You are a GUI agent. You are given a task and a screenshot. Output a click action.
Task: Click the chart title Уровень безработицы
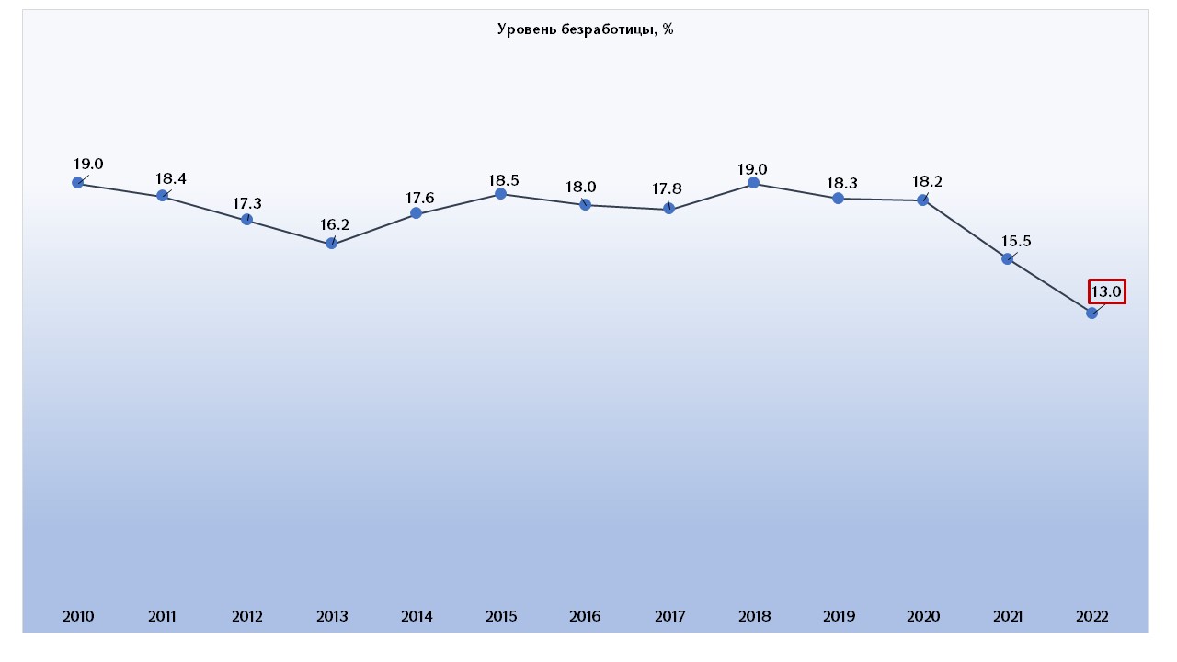pyautogui.click(x=586, y=29)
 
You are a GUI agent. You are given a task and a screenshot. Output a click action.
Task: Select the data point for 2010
pyautogui.click(x=78, y=183)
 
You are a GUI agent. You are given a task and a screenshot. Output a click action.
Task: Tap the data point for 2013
pyautogui.click(x=332, y=244)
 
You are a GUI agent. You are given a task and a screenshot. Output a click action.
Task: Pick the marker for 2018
pyautogui.click(x=754, y=183)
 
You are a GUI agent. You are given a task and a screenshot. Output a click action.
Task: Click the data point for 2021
pyautogui.click(x=1008, y=259)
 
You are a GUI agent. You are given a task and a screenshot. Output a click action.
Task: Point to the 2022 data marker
pyautogui.click(x=1092, y=314)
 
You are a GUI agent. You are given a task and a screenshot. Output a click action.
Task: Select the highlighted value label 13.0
pyautogui.click(x=1106, y=292)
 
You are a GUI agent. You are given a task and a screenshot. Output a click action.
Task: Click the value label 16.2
pyautogui.click(x=335, y=223)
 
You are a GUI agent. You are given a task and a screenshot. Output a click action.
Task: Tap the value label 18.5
pyautogui.click(x=504, y=174)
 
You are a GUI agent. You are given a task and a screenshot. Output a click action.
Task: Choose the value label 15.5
pyautogui.click(x=1015, y=241)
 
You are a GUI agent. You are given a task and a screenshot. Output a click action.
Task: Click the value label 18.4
pyautogui.click(x=171, y=178)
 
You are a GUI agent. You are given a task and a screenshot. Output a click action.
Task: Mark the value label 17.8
pyautogui.click(x=668, y=188)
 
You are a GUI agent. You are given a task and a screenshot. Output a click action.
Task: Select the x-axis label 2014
pyautogui.click(x=417, y=617)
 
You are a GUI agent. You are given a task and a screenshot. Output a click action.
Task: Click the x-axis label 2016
pyautogui.click(x=585, y=617)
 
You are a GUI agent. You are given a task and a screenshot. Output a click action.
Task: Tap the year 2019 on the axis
pyautogui.click(x=839, y=617)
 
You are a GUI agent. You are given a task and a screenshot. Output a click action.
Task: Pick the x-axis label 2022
pyautogui.click(x=1092, y=617)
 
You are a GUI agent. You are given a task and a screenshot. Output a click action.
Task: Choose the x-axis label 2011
pyautogui.click(x=163, y=617)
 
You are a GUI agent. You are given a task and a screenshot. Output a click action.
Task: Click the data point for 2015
pyautogui.click(x=501, y=194)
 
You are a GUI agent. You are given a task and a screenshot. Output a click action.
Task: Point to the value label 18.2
pyautogui.click(x=927, y=181)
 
